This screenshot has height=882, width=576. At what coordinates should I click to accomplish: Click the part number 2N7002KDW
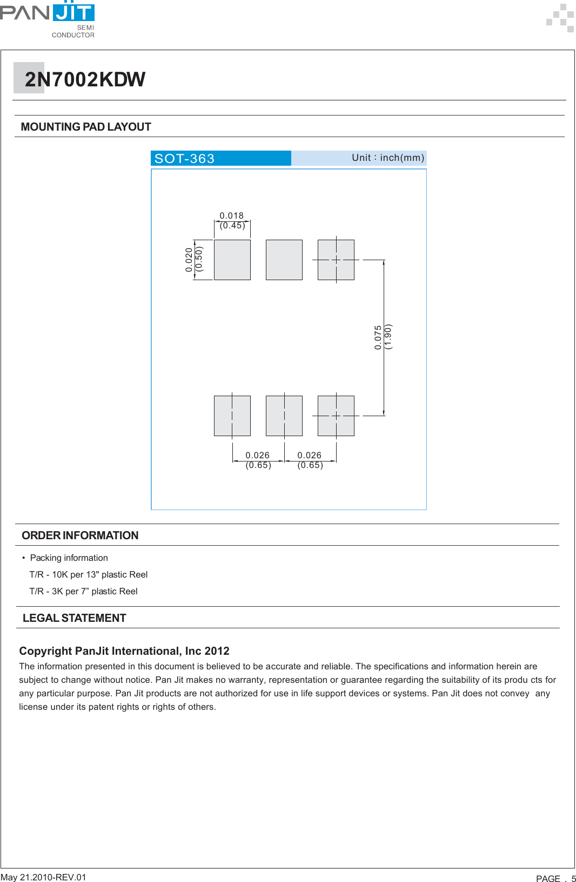click(x=85, y=79)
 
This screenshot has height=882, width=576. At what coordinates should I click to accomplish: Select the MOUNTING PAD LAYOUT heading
click(x=86, y=127)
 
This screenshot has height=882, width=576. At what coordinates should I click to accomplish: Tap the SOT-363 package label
click(x=185, y=158)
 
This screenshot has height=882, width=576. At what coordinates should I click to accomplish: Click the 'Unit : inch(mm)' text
click(x=387, y=158)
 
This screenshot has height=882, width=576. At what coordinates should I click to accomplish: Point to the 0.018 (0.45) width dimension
click(x=232, y=220)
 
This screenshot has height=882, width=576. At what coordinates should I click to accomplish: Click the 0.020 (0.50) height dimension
click(x=193, y=260)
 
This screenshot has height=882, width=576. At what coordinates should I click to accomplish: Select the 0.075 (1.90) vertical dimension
click(x=383, y=337)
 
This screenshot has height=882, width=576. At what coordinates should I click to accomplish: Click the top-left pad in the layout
click(x=232, y=260)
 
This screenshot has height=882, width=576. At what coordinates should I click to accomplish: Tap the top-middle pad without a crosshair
click(x=284, y=260)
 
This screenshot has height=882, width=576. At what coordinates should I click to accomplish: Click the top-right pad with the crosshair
click(x=336, y=260)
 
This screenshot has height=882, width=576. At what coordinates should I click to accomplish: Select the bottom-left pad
click(x=232, y=416)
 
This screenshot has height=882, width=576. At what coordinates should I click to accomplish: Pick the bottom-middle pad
click(x=284, y=416)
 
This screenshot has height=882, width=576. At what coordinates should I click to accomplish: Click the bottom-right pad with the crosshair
click(x=336, y=416)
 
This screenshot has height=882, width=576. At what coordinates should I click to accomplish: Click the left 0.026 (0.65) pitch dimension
click(x=258, y=460)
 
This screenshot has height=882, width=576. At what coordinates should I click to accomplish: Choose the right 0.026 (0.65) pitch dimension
click(x=310, y=460)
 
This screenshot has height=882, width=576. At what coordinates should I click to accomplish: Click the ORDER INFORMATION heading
click(x=80, y=535)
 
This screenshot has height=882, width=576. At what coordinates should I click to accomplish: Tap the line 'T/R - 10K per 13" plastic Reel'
click(x=89, y=574)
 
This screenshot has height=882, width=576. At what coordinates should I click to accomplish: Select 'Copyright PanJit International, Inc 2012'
click(x=124, y=651)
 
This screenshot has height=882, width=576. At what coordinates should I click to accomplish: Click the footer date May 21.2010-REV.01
click(x=43, y=877)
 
